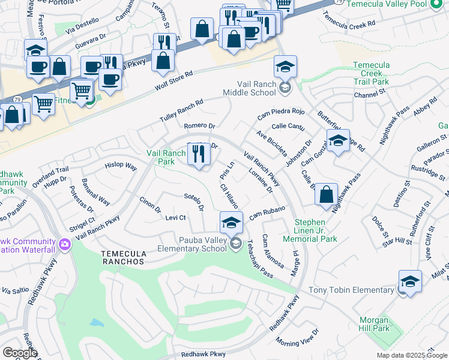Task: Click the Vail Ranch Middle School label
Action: tap(249, 88)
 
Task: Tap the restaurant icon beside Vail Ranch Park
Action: tap(199, 154)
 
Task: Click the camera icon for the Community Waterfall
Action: tap(65, 244)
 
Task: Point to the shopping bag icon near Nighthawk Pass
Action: tap(326, 194)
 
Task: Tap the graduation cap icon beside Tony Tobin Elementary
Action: tap(410, 281)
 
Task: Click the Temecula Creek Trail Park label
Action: tap(372, 73)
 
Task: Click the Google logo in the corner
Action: tap(19, 353)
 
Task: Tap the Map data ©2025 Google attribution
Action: tap(412, 355)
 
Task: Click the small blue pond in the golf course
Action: tap(97, 323)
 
